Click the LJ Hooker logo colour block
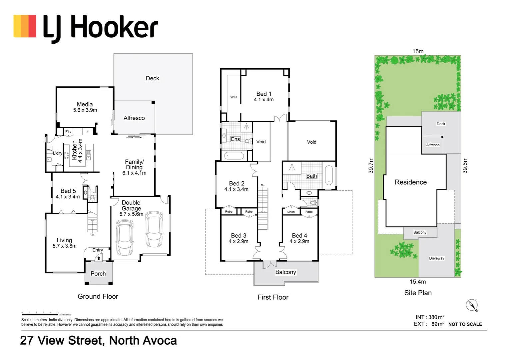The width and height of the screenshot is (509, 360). pyautogui.click(x=25, y=26)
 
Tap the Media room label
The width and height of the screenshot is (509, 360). pyautogui.click(x=85, y=104)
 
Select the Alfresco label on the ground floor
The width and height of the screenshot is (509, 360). pyautogui.click(x=134, y=118)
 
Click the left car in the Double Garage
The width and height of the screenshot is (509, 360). pyautogui.click(x=124, y=237)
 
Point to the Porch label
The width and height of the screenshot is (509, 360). pyautogui.click(x=98, y=274)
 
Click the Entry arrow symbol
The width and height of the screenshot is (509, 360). pyautogui.click(x=99, y=258)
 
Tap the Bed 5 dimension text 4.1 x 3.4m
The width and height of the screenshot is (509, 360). pyautogui.click(x=68, y=197)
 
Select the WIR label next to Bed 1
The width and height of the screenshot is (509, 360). pyautogui.click(x=234, y=97)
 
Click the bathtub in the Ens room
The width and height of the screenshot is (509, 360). pyautogui.click(x=233, y=155)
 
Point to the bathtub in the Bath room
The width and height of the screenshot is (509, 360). pyautogui.click(x=329, y=175)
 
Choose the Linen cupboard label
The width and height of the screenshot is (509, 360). pyautogui.click(x=291, y=212)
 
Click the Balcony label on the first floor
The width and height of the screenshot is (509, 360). pyautogui.click(x=285, y=272)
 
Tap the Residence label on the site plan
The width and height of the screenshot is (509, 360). pyautogui.click(x=410, y=182)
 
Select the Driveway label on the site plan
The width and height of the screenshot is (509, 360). pyautogui.click(x=436, y=258)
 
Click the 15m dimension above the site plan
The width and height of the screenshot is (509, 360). pyautogui.click(x=418, y=51)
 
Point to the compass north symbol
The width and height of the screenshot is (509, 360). pyautogui.click(x=472, y=305)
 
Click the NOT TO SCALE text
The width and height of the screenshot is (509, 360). pyautogui.click(x=465, y=324)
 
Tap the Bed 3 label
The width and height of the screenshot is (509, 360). pyautogui.click(x=239, y=236)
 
